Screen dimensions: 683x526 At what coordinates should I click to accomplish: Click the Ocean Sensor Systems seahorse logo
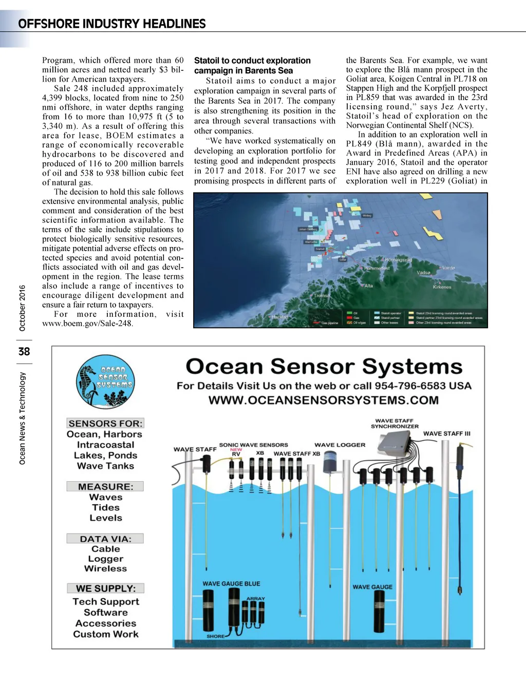click(105, 381)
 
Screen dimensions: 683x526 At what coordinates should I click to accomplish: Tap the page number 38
click(24, 352)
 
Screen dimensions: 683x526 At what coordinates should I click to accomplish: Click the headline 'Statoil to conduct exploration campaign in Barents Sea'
click(252, 66)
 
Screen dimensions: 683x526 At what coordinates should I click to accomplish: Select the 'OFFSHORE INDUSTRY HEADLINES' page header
click(111, 24)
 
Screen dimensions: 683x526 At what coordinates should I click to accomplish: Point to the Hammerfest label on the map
click(378, 268)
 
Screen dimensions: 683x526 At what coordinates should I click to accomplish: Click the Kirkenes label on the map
click(442, 287)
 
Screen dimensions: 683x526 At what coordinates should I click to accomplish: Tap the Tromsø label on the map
click(322, 296)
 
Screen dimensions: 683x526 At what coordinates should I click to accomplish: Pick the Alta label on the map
click(368, 286)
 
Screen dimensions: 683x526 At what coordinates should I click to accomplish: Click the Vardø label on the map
click(448, 268)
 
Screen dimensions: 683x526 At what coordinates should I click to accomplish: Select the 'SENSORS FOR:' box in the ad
click(105, 423)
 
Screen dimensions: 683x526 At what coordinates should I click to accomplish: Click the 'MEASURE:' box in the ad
click(105, 486)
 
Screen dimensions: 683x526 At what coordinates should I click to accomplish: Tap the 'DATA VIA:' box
click(105, 539)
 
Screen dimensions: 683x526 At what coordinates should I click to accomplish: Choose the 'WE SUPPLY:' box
click(105, 589)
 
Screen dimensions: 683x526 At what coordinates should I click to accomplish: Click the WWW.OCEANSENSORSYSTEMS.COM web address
click(324, 401)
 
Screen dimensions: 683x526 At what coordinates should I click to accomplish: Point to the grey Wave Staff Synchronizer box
click(396, 442)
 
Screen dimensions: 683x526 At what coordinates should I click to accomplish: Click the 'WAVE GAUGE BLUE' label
click(231, 584)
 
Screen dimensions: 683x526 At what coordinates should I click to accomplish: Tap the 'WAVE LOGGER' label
click(340, 445)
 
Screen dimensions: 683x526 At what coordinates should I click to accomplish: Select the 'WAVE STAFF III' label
click(446, 434)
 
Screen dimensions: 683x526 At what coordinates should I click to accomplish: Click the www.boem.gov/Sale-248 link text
click(88, 324)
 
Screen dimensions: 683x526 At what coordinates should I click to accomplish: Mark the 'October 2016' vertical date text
click(22, 308)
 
